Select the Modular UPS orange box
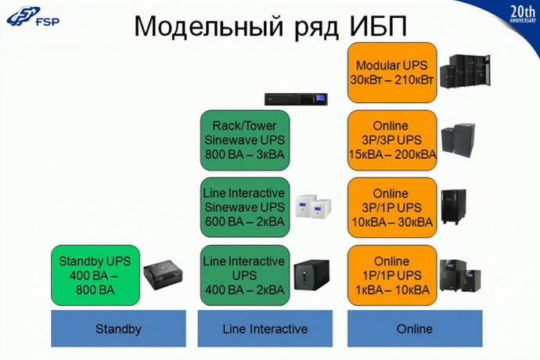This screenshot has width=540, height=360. [392, 71]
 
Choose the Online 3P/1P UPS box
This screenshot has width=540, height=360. [392, 206]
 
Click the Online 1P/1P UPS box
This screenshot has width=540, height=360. [392, 274]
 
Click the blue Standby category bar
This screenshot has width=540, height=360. [118, 329]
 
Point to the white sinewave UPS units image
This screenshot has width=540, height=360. [314, 207]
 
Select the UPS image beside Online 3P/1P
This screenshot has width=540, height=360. [454, 207]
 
